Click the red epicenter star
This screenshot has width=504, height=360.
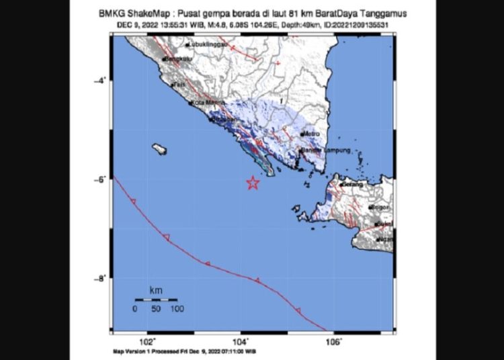point(253,183)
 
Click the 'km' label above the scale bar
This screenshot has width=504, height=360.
point(155,290)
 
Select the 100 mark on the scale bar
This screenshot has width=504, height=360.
point(177,309)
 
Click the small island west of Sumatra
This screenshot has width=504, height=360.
point(159,148)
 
